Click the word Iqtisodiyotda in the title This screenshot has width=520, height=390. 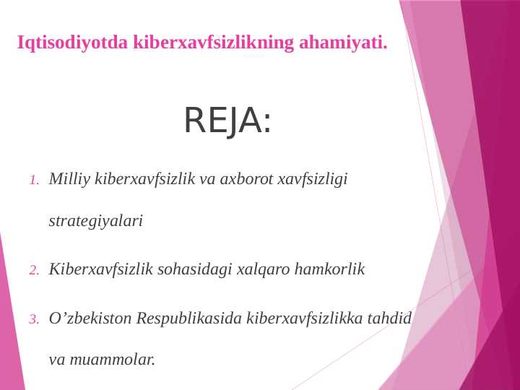(72, 43)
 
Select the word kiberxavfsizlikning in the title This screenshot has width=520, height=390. (214, 43)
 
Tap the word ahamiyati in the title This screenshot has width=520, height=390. (342, 43)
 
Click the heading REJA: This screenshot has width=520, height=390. (227, 121)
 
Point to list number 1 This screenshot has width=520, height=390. (34, 180)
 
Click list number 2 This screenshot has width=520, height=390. (34, 271)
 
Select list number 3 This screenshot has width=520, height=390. (34, 319)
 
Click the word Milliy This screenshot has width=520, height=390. (69, 179)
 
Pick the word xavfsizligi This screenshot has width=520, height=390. (313, 179)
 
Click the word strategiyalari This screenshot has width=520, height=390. (95, 221)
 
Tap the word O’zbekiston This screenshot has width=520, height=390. (90, 318)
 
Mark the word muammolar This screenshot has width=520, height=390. (112, 359)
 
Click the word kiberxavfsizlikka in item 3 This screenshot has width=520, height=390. (305, 318)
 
